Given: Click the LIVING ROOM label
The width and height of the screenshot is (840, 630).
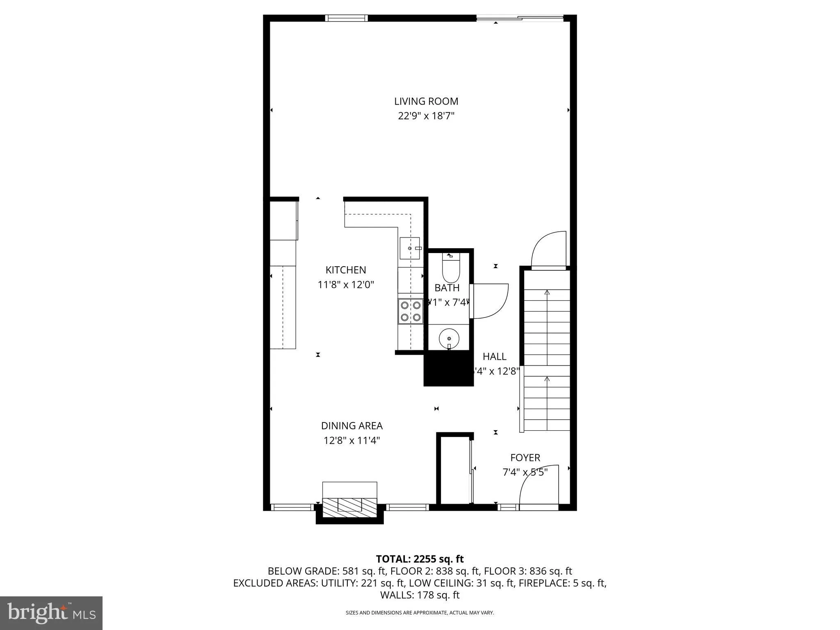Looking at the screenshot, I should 426,101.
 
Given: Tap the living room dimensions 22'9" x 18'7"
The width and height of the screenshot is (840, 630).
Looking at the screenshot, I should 426,116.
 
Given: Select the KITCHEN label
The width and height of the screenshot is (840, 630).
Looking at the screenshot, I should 346,270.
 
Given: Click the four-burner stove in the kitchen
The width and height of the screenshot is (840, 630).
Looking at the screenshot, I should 411,311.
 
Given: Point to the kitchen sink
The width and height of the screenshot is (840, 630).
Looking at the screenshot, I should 410,248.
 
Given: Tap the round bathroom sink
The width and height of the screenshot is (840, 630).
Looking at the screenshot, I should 449,338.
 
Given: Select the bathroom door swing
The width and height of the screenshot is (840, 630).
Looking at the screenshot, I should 490,301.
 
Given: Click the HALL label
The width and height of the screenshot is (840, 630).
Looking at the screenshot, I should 494,356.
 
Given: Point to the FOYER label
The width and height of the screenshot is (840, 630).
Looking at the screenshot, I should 525,457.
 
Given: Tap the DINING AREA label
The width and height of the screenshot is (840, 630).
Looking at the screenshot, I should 352,426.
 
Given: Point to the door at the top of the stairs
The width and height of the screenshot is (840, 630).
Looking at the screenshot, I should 549,251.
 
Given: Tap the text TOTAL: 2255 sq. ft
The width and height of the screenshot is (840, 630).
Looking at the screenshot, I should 420,559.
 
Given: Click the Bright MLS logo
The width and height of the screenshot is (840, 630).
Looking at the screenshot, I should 51,613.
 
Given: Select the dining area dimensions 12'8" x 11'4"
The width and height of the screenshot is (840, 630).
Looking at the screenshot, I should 352,441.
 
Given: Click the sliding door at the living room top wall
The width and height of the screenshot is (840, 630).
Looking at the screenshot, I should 520,18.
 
